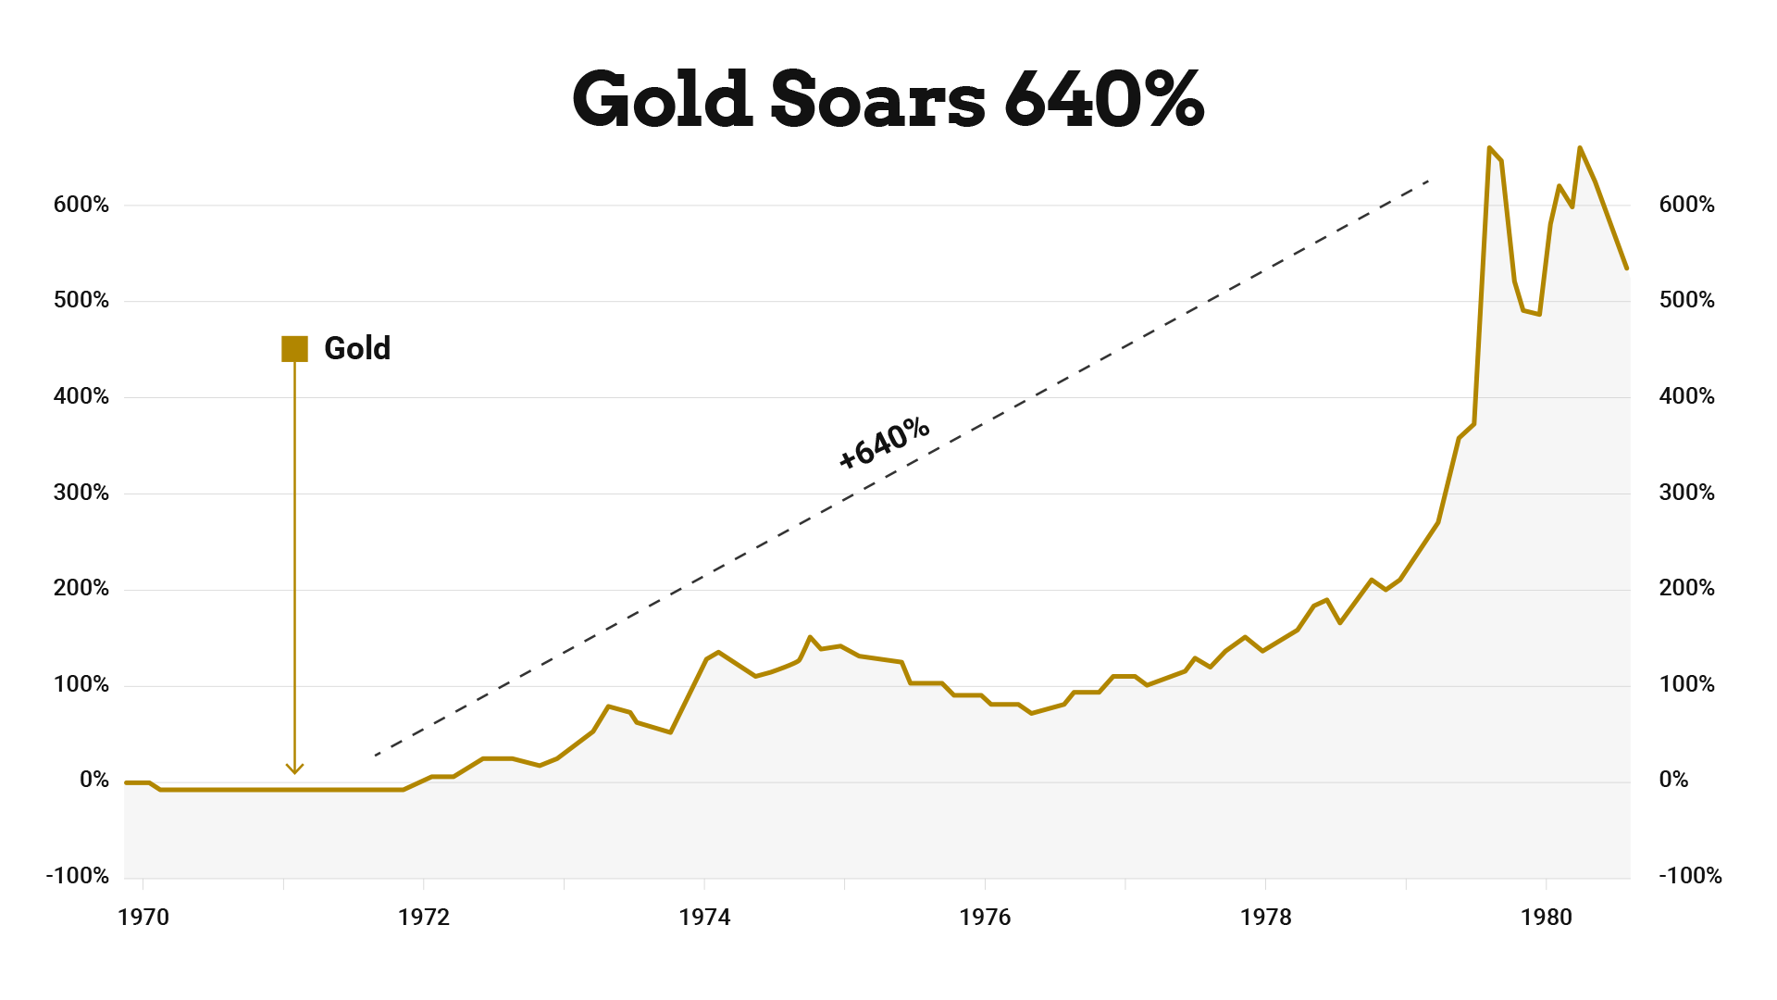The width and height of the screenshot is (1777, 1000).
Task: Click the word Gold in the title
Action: (662, 99)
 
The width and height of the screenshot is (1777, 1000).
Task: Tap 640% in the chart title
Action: (1103, 99)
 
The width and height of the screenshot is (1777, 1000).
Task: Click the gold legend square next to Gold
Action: (294, 349)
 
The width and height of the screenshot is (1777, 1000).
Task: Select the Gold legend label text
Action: (357, 349)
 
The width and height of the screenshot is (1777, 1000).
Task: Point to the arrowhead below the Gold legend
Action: (294, 768)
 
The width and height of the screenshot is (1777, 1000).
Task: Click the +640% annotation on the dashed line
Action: (883, 443)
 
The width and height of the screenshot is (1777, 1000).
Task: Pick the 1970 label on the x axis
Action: (143, 917)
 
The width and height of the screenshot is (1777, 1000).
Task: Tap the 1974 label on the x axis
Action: (704, 917)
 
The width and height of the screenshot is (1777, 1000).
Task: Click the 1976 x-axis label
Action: (985, 917)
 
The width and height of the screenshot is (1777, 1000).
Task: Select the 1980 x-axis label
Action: (1546, 917)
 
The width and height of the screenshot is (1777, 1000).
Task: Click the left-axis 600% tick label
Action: (81, 205)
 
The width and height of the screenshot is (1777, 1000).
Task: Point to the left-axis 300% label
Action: (81, 493)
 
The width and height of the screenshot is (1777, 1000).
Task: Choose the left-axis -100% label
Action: (78, 876)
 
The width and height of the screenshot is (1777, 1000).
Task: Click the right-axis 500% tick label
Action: (1686, 300)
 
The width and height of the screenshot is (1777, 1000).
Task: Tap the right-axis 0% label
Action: (1673, 780)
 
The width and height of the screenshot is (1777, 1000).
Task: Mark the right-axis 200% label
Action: (1686, 588)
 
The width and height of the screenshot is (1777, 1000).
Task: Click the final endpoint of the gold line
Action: (1626, 269)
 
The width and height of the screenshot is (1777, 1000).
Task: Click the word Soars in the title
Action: (877, 99)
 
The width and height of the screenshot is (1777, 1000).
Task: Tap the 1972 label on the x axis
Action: (424, 917)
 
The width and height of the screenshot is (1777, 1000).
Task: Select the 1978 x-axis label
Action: (1265, 917)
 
